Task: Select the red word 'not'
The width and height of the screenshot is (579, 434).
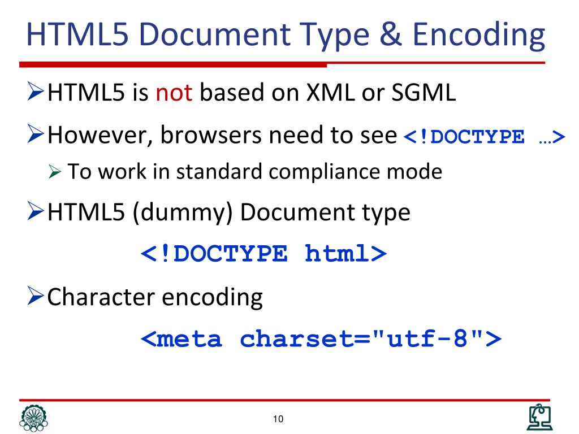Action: (x=175, y=93)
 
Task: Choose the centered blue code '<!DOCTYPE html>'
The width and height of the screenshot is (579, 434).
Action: (x=263, y=254)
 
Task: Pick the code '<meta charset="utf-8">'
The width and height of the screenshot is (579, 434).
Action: (x=321, y=339)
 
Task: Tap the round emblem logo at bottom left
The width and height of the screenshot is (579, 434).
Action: (x=33, y=418)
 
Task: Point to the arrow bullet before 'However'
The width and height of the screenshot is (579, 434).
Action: (x=36, y=135)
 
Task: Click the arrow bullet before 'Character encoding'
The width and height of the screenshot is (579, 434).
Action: (x=36, y=297)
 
